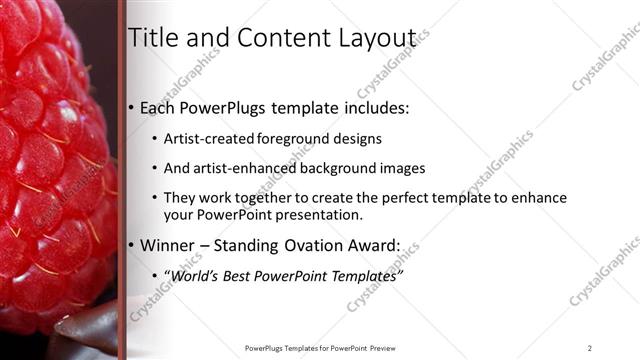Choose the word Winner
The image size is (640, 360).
tap(171, 245)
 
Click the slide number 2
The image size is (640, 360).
tap(590, 348)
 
